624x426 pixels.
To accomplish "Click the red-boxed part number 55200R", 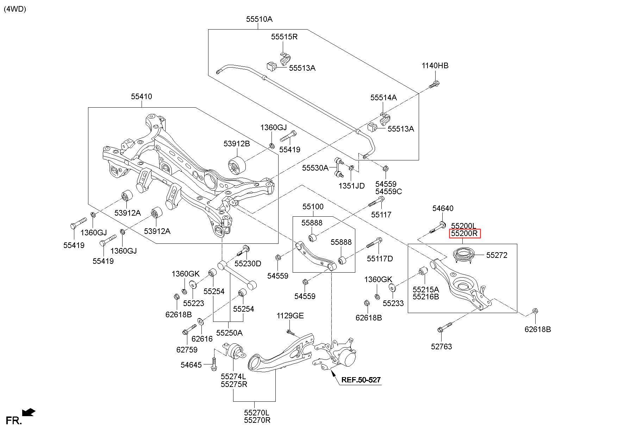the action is [464, 234].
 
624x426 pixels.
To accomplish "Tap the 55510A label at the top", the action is [259, 19].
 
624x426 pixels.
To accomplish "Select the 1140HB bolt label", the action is [435, 66].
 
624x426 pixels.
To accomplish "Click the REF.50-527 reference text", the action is [361, 380].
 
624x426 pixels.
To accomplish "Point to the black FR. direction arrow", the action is [28, 412].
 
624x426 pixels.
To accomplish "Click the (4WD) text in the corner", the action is [15, 9].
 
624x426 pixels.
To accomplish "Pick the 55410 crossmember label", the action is [142, 96].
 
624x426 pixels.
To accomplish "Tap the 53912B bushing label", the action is [237, 144].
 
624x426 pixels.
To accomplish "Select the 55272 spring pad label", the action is [497, 255].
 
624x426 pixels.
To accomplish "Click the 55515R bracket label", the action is [284, 37].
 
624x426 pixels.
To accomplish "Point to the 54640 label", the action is [443, 209].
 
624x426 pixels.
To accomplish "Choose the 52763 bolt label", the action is [441, 346].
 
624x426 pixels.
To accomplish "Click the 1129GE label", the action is [290, 316].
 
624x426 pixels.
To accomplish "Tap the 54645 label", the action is [191, 365].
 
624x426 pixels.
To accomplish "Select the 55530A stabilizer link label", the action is [315, 168].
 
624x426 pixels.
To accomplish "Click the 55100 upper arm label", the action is [313, 206].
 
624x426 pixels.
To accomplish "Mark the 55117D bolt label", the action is [380, 259].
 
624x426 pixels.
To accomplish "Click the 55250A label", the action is [229, 333].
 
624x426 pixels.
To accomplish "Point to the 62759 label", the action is [187, 350].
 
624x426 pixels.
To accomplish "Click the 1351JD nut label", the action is [351, 186].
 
